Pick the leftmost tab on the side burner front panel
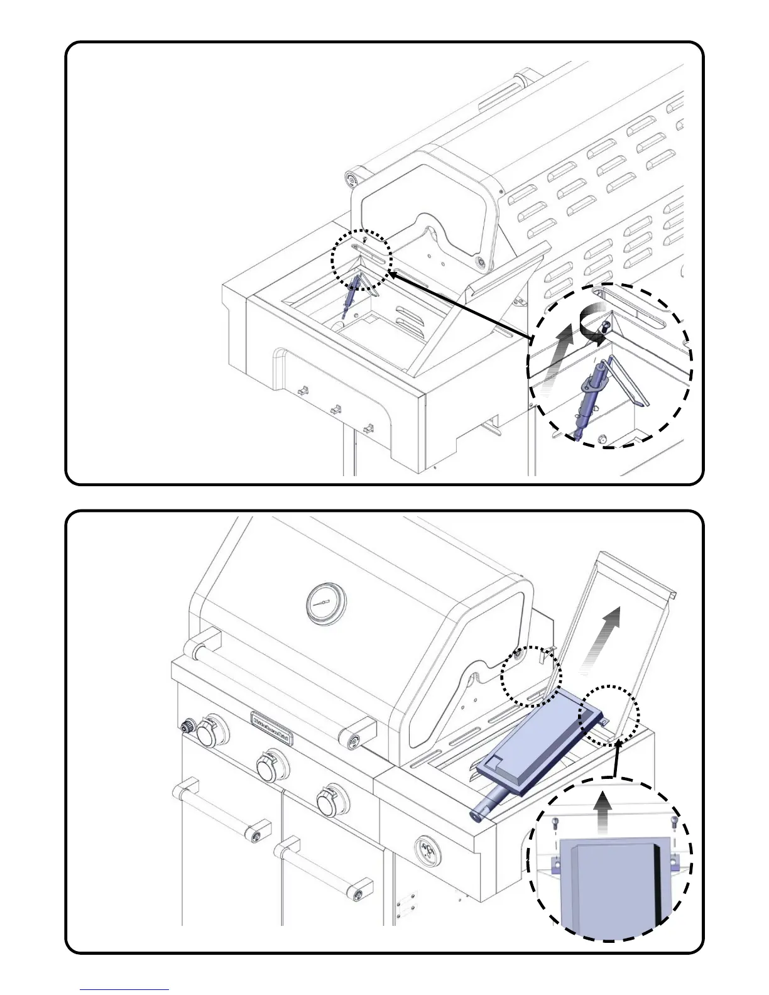[x=302, y=391]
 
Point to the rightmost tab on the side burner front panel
[x=369, y=429]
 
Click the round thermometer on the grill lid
[x=325, y=602]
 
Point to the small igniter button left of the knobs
[x=186, y=727]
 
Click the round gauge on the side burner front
[x=430, y=853]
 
